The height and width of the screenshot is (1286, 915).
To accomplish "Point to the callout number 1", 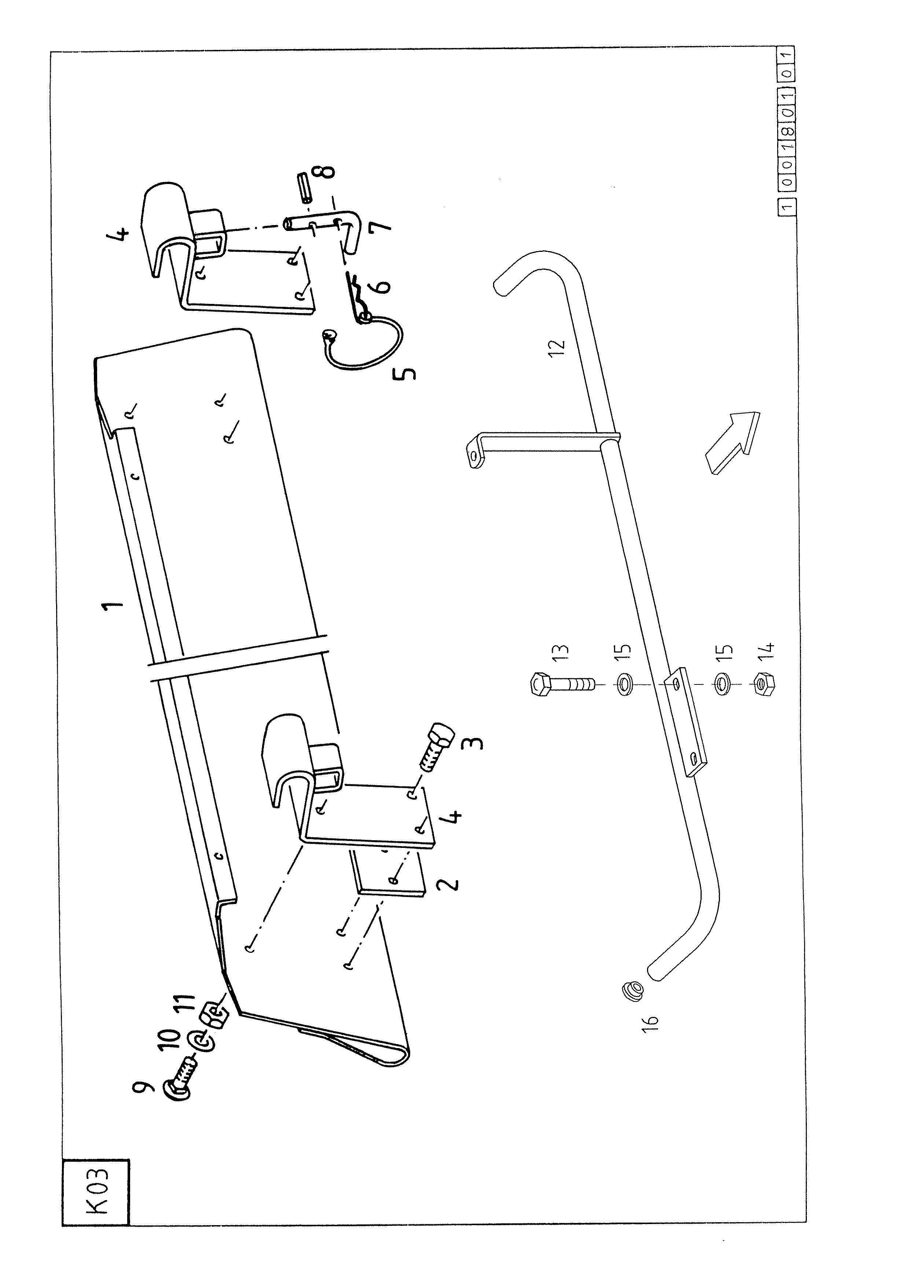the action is point(112,607).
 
